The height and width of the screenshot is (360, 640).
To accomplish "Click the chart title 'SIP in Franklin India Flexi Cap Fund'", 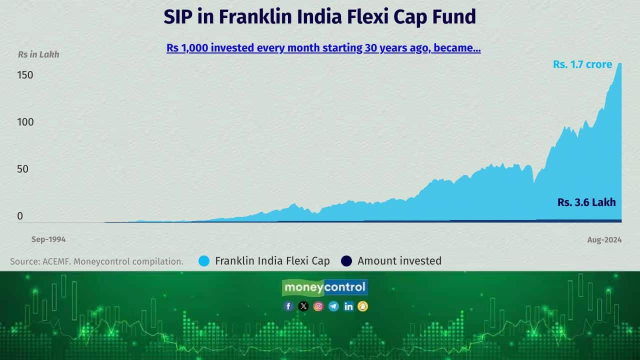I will point(319,17).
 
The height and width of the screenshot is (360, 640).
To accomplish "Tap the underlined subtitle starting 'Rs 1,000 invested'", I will point(323,48).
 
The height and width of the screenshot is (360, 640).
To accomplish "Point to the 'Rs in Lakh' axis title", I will point(38,54).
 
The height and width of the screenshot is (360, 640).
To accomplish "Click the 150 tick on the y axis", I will point(25,75).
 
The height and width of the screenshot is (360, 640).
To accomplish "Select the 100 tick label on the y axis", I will point(25,122).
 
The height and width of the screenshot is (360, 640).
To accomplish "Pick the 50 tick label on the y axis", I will point(22,169).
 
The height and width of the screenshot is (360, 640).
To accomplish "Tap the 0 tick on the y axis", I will point(20,216).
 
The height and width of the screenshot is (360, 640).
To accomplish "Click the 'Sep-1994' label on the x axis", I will point(48,239).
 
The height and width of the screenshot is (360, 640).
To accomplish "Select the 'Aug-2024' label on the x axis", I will point(604,240).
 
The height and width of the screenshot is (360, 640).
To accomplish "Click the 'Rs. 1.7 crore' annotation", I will point(582,64).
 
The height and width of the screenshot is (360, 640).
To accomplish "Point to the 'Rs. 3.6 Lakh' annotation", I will point(586,202).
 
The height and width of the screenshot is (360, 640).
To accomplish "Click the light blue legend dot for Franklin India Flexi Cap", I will point(204,261).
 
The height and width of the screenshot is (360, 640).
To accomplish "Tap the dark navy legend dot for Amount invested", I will point(346,261).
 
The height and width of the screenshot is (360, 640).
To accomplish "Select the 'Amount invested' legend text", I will point(399,261).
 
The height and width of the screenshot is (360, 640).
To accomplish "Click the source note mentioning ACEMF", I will point(96,261).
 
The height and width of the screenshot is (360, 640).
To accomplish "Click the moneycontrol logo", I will point(325,287).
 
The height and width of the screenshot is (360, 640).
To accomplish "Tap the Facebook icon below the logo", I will point(288,306).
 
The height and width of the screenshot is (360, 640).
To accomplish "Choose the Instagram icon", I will point(318,306).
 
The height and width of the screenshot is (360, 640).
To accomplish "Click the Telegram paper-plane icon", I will point(333,306).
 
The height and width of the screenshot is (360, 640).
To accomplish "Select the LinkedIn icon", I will point(348,306).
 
